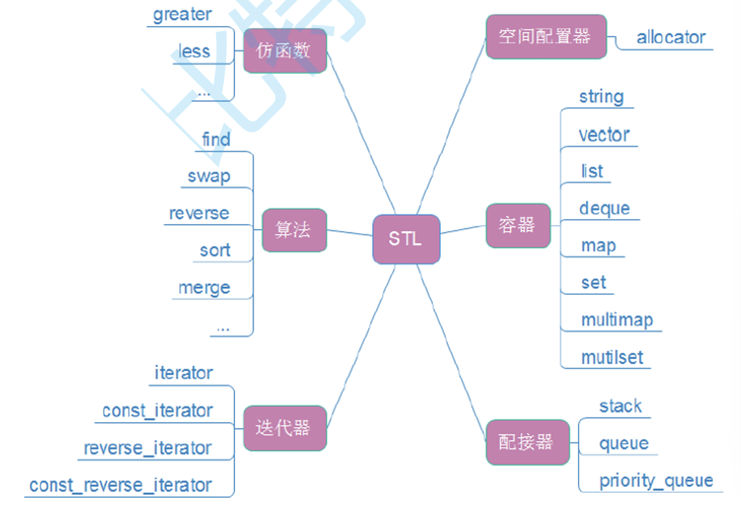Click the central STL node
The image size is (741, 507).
click(x=406, y=239)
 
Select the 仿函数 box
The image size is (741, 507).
click(x=284, y=51)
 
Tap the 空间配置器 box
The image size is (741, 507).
click(x=546, y=36)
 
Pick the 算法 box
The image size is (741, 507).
click(x=294, y=230)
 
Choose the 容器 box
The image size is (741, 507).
click(x=518, y=225)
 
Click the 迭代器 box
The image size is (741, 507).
click(x=284, y=428)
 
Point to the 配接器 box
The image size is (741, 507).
click(x=527, y=442)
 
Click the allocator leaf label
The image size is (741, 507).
click(x=670, y=37)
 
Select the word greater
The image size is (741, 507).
click(x=182, y=14)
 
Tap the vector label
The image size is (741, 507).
click(x=604, y=135)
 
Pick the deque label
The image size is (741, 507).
click(x=605, y=208)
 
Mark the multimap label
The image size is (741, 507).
click(x=616, y=320)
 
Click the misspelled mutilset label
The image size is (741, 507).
click(x=612, y=357)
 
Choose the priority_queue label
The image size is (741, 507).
click(x=656, y=481)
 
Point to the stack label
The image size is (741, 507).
click(x=620, y=406)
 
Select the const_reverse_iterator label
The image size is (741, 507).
click(x=121, y=485)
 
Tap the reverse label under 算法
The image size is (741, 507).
click(x=199, y=214)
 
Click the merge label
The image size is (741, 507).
click(x=204, y=288)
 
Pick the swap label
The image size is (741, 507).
click(x=208, y=177)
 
